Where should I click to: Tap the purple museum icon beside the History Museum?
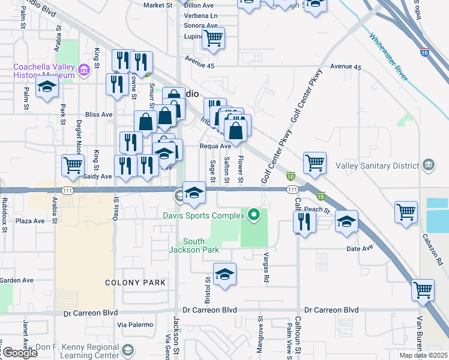pyautogui.click(x=83, y=71)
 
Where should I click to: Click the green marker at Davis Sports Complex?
pyautogui.click(x=255, y=214)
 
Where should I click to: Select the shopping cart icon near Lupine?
pyautogui.click(x=213, y=38)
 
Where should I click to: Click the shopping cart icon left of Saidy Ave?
pyautogui.click(x=72, y=164)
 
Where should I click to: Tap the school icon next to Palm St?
pyautogui.click(x=47, y=86)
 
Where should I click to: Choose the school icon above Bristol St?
pyautogui.click(x=225, y=275)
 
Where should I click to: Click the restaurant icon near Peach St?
pyautogui.click(x=304, y=221)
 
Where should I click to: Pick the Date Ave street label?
pyautogui.click(x=360, y=248)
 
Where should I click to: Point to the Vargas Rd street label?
pyautogui.click(x=265, y=267)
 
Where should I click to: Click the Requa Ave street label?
pyautogui.click(x=215, y=146)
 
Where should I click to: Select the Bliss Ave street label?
pyautogui.click(x=99, y=114)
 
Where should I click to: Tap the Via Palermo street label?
pyautogui.click(x=133, y=325)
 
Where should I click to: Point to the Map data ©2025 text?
pyautogui.click(x=423, y=355)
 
